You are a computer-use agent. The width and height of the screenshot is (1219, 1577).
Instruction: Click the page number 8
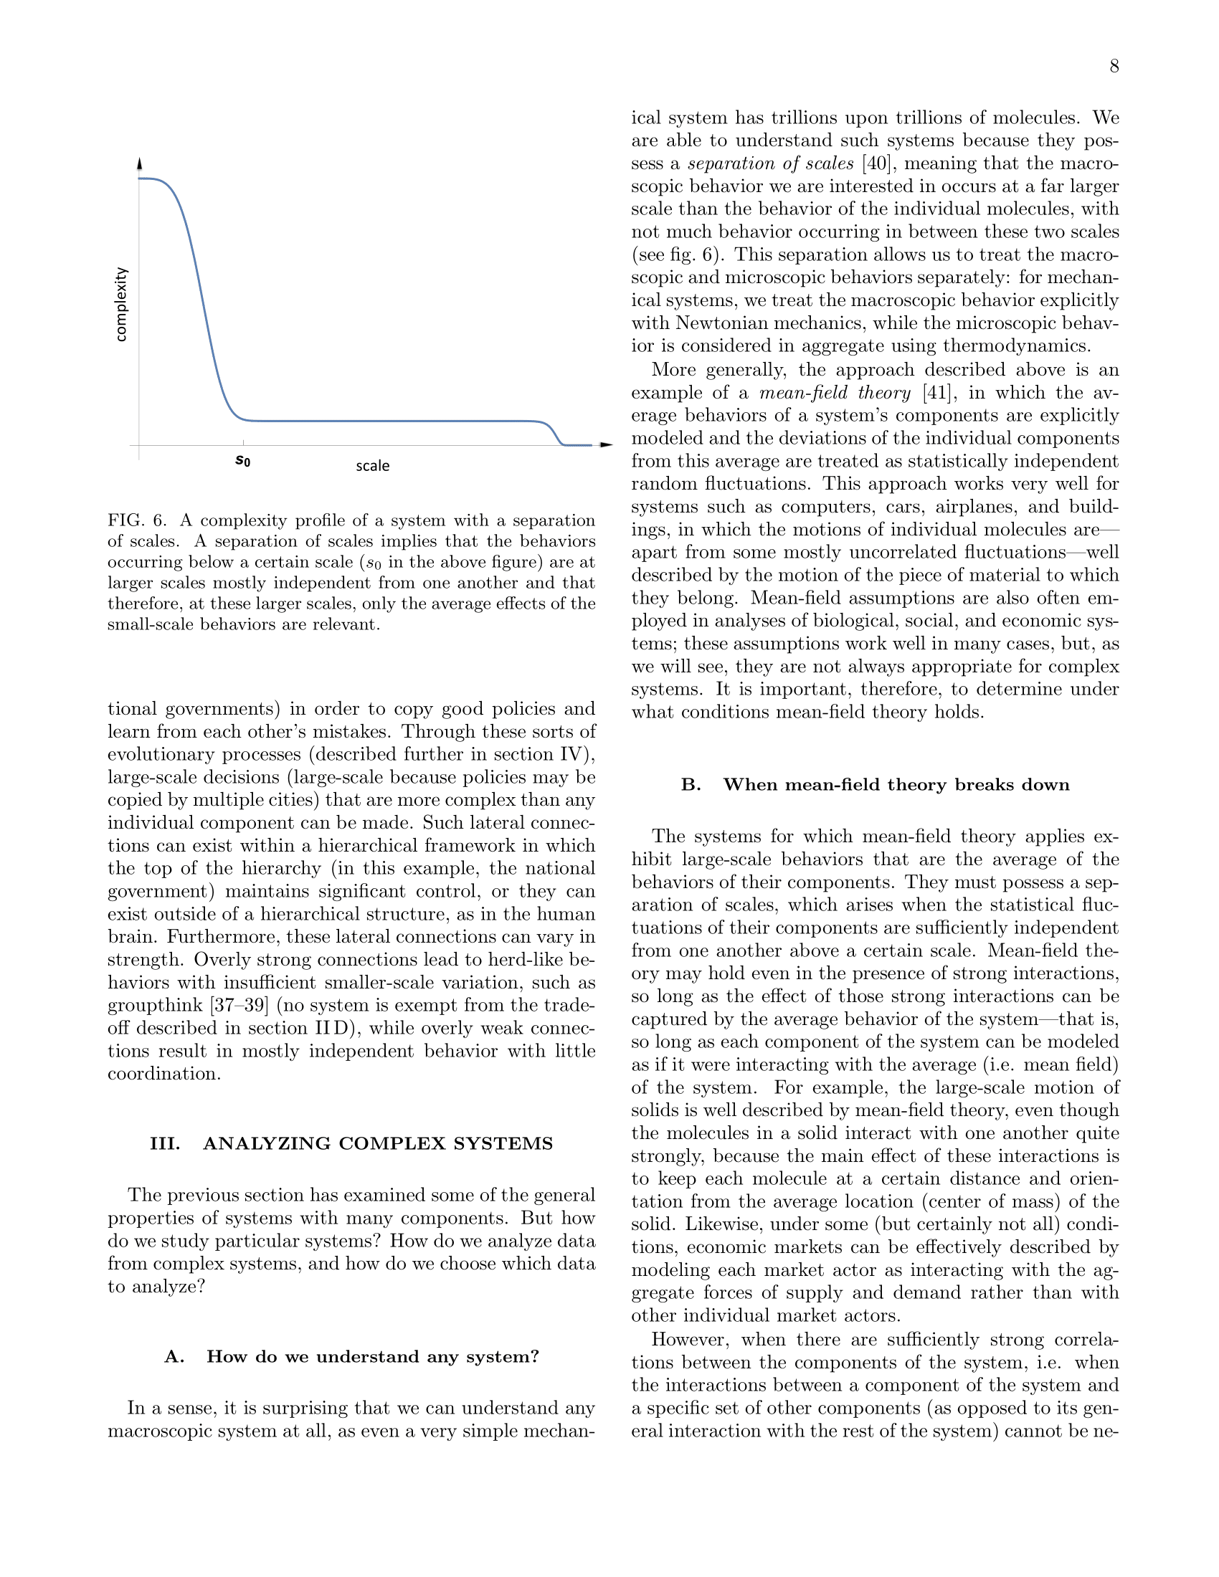tap(1114, 67)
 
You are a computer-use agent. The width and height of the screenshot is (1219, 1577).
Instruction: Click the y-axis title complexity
tap(121, 304)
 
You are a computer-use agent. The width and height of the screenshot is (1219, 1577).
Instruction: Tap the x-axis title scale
tap(373, 467)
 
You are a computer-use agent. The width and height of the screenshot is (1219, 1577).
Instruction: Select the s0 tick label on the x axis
tap(243, 461)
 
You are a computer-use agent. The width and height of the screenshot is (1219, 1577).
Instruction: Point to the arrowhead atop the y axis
tap(139, 164)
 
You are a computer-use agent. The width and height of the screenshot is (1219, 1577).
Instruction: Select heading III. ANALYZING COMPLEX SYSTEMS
tap(351, 1144)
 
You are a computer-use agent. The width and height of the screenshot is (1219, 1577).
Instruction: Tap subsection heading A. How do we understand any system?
tap(351, 1357)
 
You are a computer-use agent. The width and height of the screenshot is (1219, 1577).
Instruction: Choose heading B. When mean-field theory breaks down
tap(875, 785)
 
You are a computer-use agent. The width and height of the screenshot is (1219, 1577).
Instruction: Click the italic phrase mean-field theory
tap(835, 393)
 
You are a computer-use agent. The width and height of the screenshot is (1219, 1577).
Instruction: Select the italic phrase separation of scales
tap(771, 163)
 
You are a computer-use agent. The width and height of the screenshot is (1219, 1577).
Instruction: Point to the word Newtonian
tap(727, 323)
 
